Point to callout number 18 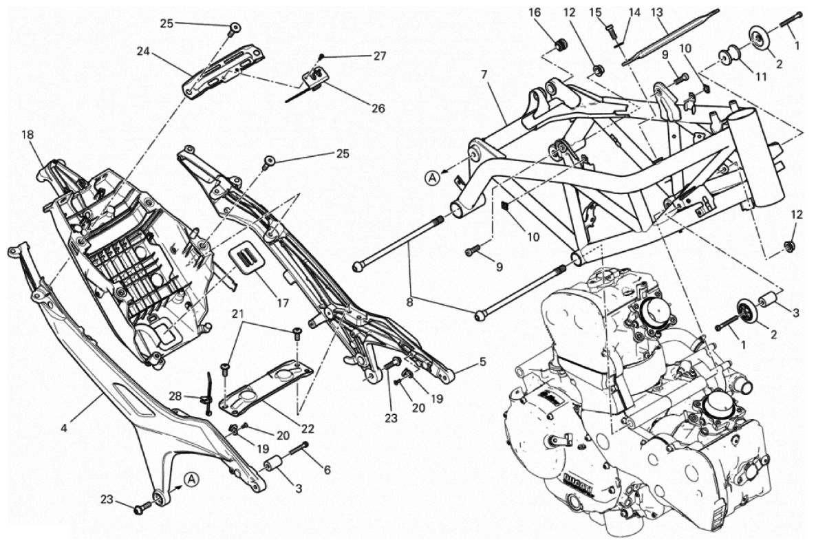pos(28,135)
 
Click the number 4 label pos(63,427)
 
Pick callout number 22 pos(307,428)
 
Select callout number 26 pos(377,108)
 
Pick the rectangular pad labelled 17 pos(247,255)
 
